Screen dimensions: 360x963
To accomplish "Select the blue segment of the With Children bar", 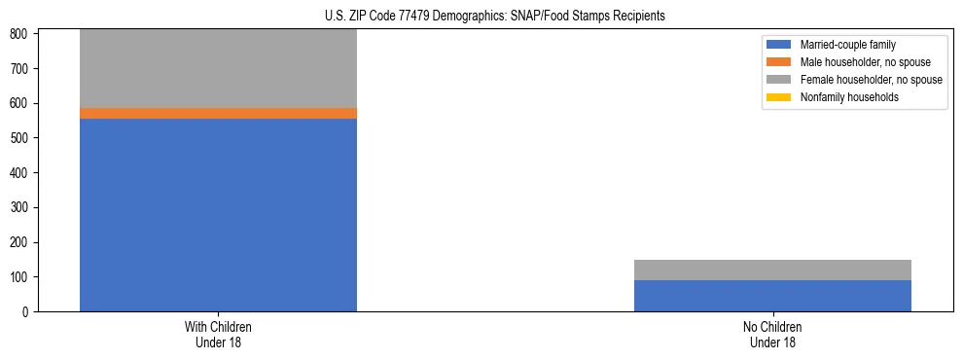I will click(218, 214).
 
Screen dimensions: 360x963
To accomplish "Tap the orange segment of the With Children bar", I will click(218, 113).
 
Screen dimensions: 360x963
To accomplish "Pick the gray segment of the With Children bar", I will click(218, 68).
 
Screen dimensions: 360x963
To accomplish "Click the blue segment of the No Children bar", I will click(772, 296).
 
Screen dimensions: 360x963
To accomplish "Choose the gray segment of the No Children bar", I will click(772, 270).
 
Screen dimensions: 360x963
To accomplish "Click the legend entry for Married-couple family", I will click(847, 45).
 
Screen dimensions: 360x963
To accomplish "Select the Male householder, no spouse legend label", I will click(865, 62).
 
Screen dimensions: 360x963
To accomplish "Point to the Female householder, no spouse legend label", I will click(871, 80).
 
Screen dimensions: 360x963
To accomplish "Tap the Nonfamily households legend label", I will click(849, 97).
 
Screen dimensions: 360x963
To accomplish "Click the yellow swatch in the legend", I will click(778, 97).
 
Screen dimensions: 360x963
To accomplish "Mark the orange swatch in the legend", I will click(778, 62).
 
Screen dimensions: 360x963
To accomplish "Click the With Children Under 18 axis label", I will click(218, 334).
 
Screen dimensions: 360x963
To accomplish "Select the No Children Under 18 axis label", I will click(772, 334).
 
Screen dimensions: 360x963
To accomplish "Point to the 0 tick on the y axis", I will click(27, 312).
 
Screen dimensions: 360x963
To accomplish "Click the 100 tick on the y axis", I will click(21, 277).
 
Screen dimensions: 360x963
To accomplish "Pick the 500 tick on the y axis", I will click(21, 138).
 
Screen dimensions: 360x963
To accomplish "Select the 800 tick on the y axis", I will click(21, 34).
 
